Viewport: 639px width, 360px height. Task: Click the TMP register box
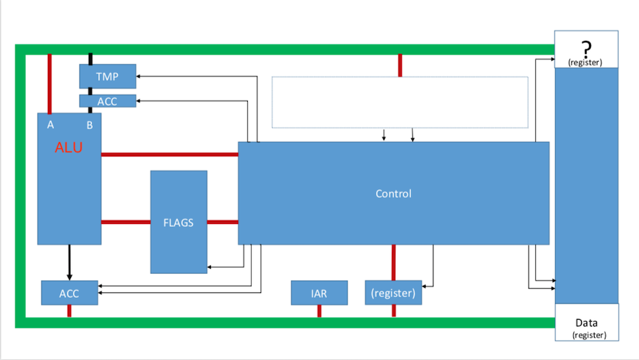click(x=108, y=77)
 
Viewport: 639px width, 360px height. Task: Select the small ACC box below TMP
click(x=108, y=101)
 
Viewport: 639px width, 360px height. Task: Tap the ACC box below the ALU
click(x=69, y=293)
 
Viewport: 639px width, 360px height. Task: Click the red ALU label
click(x=69, y=147)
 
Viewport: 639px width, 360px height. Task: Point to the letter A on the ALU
click(x=51, y=125)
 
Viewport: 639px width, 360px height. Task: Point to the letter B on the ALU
click(x=89, y=125)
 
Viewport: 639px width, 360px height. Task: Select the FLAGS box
click(x=178, y=222)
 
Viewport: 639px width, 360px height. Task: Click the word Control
click(x=394, y=193)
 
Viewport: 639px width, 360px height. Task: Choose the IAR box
click(x=319, y=293)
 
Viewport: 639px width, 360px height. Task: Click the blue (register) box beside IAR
click(x=393, y=292)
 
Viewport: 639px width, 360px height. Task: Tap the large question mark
click(x=586, y=49)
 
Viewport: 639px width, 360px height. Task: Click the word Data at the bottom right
click(x=586, y=323)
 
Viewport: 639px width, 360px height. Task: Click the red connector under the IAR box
click(x=319, y=311)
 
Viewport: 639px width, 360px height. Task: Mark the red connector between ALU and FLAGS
click(x=126, y=222)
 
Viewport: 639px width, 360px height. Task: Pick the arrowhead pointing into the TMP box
click(x=138, y=77)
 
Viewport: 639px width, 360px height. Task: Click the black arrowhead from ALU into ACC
click(x=69, y=277)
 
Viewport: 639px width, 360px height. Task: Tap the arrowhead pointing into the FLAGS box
click(x=210, y=267)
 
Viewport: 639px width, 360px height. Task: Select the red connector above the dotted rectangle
click(x=400, y=65)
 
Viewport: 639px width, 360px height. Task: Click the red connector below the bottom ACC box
click(x=69, y=311)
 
